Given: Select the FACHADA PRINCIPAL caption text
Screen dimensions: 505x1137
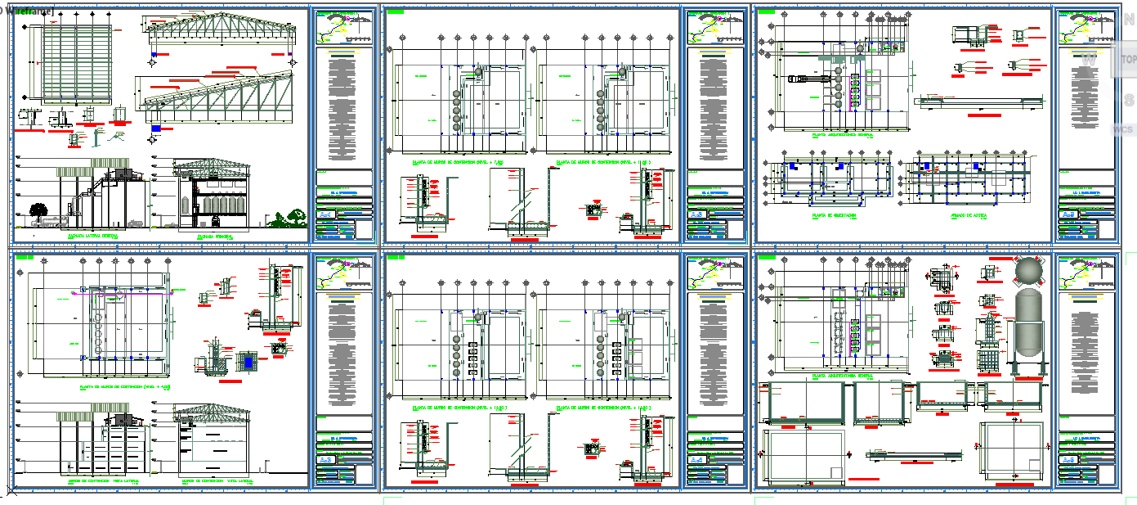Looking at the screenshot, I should click(215, 235).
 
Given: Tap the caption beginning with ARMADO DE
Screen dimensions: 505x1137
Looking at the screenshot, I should click(969, 216).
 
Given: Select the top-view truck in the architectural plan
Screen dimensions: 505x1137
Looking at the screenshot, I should click(805, 79).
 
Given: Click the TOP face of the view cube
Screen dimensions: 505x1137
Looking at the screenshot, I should click(1127, 59).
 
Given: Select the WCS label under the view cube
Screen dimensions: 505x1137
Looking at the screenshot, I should click(1122, 129).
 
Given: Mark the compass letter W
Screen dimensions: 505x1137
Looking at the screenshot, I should click(1088, 61).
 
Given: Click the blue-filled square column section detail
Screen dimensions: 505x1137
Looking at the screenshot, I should click(248, 360).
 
